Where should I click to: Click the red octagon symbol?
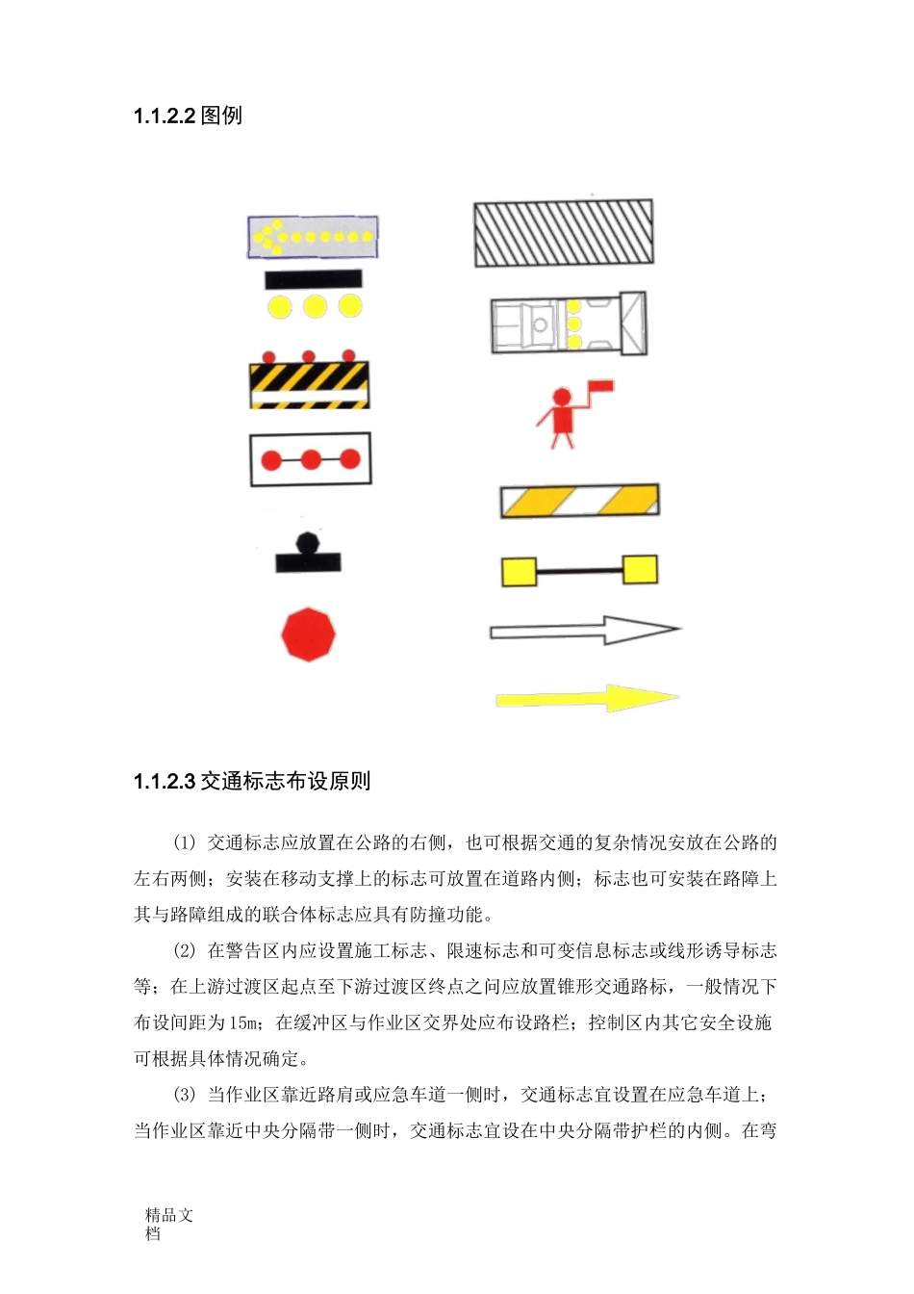tap(308, 634)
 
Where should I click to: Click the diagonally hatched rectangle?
tap(563, 233)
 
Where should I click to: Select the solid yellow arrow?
tap(587, 698)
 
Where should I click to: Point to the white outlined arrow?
tap(584, 631)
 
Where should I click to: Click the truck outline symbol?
tap(568, 323)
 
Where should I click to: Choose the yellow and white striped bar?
tap(579, 501)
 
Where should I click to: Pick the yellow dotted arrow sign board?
tap(313, 237)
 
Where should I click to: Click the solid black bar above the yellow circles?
tap(314, 279)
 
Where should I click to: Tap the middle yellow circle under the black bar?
tap(315, 307)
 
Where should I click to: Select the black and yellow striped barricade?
tap(309, 384)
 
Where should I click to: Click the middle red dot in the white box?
tap(311, 460)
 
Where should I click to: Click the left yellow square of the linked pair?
tap(519, 571)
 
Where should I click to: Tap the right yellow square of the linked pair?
tap(640, 569)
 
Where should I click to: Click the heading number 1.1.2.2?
tap(165, 116)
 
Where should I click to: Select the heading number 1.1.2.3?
tap(165, 782)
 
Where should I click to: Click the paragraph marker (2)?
tap(185, 951)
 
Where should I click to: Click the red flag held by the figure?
tap(601, 386)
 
